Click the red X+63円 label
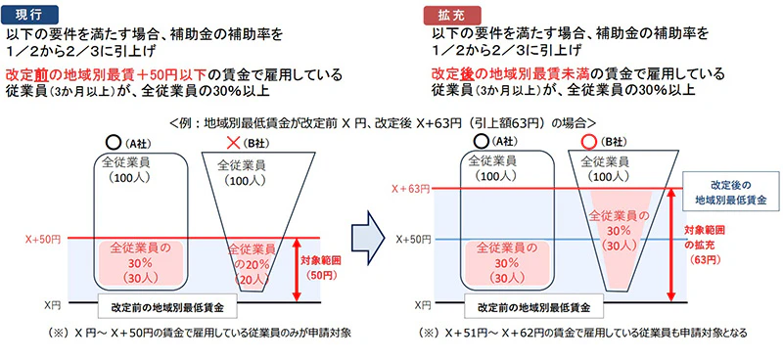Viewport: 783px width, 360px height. pyautogui.click(x=408, y=189)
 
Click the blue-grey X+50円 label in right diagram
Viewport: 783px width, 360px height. pyautogui.click(x=408, y=238)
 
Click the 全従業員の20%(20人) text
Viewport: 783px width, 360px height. pyautogui.click(x=253, y=264)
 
